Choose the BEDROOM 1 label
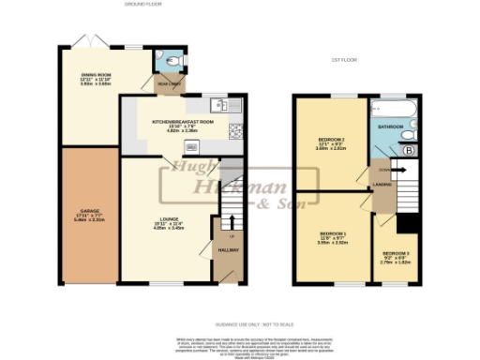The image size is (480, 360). (x=333, y=232)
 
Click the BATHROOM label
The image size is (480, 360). (x=389, y=125)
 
